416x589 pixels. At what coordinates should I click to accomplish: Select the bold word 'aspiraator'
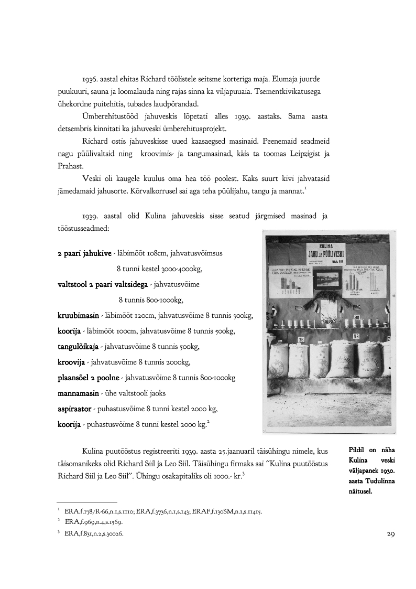pos(76,409)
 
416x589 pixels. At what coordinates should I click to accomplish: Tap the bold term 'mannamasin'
pos(78,393)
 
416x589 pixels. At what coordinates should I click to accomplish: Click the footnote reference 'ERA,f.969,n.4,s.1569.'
pos(94,522)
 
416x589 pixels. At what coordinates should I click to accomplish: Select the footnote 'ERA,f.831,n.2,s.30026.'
pos(94,533)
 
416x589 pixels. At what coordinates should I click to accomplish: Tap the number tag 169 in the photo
pos(355,336)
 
